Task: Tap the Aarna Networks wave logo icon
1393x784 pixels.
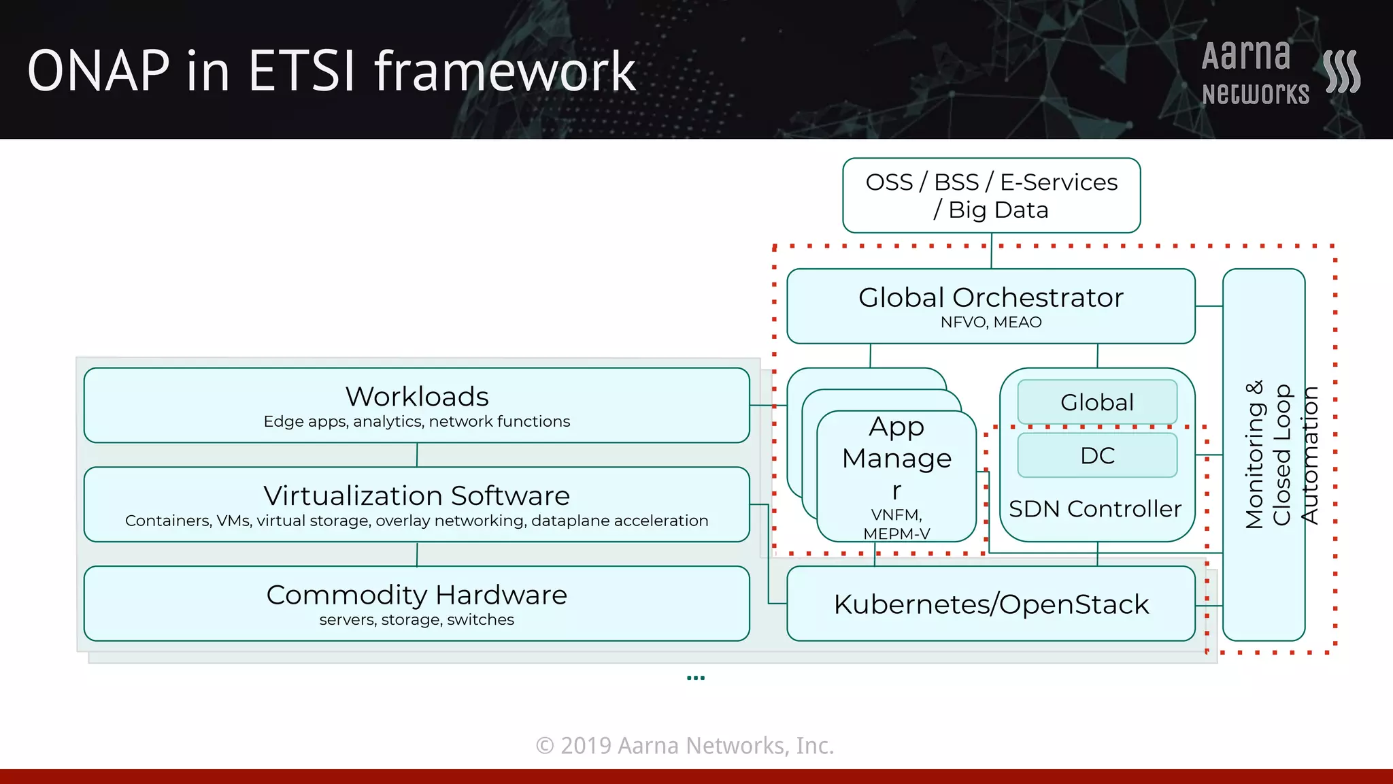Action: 1341,71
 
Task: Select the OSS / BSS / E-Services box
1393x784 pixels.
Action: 991,196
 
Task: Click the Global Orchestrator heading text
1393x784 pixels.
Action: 990,297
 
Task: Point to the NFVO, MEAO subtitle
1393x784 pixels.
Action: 990,323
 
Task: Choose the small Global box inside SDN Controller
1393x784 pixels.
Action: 1097,402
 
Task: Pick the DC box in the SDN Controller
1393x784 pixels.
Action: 1097,455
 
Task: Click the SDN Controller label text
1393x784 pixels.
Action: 1095,509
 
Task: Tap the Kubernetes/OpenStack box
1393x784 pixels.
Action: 991,604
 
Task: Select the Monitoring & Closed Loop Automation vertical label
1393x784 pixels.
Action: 1281,455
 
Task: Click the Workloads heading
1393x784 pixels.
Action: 417,396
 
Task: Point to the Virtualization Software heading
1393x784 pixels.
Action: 416,495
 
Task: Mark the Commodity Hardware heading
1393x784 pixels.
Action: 416,595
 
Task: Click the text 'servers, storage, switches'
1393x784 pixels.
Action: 416,620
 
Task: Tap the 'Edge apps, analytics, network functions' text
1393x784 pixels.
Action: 416,422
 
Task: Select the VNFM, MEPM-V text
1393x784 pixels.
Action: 896,524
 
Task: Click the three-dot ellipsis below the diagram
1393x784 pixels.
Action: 696,678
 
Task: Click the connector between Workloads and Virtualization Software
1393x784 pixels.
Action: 417,455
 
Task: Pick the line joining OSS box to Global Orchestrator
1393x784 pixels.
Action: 992,250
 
